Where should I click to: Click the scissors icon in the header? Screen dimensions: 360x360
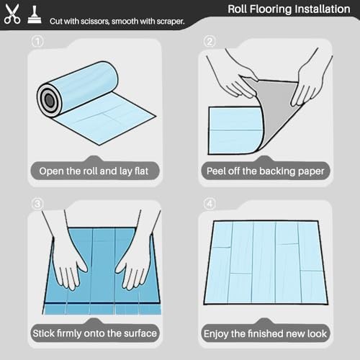coord(12,14)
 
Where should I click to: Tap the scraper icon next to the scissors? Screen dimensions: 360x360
coord(35,15)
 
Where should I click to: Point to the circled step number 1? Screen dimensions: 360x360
coord(37,42)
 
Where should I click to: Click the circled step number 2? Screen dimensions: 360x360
coord(210,42)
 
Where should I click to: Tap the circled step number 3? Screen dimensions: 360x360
coord(37,204)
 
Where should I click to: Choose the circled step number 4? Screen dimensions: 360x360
coord(210,204)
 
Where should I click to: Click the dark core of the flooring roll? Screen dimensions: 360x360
coord(49,99)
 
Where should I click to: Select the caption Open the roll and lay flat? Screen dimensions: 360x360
coord(94,171)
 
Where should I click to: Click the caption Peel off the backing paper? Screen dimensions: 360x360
coord(265,171)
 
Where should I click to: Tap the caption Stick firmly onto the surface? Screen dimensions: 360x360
coord(94,333)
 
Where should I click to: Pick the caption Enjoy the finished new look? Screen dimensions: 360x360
coord(265,333)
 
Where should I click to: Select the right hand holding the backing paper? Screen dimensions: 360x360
coord(310,81)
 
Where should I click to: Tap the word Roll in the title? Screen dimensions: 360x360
coord(237,9)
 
